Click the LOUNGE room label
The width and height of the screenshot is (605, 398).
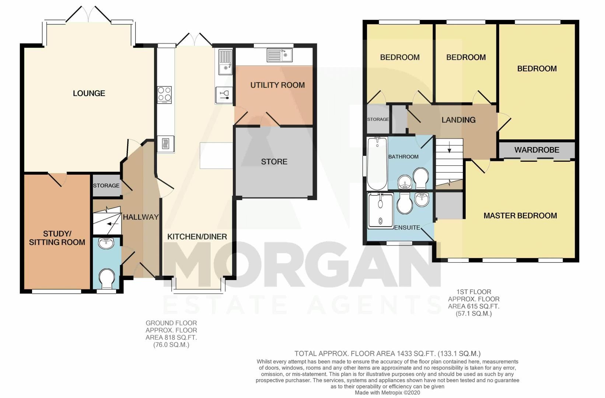click(89, 94)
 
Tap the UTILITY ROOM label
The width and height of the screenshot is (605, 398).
click(277, 85)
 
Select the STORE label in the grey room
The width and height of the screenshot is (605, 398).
click(274, 162)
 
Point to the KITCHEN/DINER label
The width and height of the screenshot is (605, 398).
click(197, 237)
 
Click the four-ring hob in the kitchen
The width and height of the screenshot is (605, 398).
click(164, 95)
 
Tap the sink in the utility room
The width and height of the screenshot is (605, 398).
click(280, 55)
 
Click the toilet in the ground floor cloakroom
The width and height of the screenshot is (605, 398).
click(107, 279)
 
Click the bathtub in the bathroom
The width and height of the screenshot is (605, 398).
click(377, 164)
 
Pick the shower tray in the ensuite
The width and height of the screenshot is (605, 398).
click(380, 211)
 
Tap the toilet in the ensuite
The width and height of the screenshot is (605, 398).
click(405, 204)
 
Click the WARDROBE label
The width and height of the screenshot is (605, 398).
click(537, 150)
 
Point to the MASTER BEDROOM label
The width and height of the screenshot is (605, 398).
click(520, 216)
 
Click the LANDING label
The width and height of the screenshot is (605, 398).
click(458, 120)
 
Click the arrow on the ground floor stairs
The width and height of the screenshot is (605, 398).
click(113, 224)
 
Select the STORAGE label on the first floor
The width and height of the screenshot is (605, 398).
click(378, 119)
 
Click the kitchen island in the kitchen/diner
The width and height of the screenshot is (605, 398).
click(216, 156)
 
